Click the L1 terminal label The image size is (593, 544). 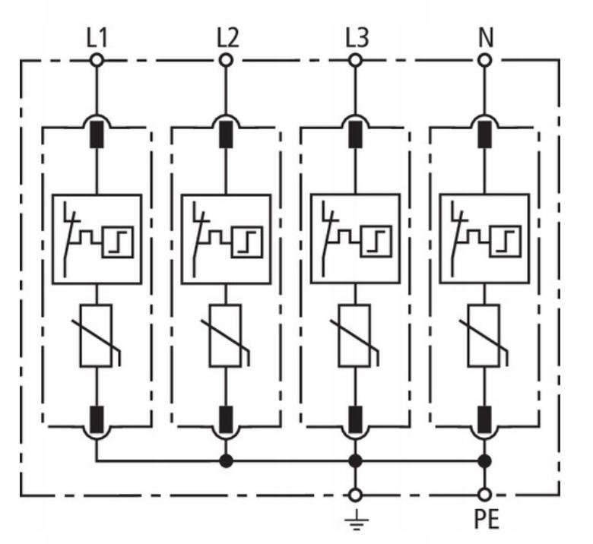tap(97, 38)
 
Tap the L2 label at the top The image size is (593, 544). tap(227, 38)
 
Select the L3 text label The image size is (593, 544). tap(357, 38)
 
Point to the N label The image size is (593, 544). tap(486, 38)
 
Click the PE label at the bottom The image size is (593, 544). tap(487, 519)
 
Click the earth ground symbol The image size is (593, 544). tap(357, 520)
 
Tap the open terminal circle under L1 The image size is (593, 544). tap(97, 60)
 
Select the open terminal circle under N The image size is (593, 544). tap(485, 60)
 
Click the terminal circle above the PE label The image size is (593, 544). tap(485, 495)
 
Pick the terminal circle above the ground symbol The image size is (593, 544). tap(355, 495)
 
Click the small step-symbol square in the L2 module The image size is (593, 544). tap(247, 242)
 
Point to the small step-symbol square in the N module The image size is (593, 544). tap(506, 241)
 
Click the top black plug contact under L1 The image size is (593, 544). tap(97, 134)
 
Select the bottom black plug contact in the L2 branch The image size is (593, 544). tap(226, 419)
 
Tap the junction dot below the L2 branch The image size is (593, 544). tap(226, 461)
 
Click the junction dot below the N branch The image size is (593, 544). tap(485, 461)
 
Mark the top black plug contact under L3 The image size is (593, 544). tap(355, 134)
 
